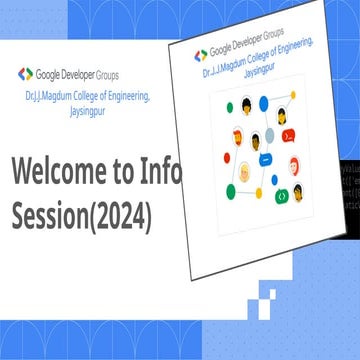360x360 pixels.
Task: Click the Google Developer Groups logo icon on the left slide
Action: [25, 73]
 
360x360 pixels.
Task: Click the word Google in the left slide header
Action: [49, 73]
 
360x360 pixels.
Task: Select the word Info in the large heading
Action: [160, 171]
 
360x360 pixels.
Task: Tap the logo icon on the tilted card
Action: [201, 54]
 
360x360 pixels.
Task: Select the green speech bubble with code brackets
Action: [283, 196]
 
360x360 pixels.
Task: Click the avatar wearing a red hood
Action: [294, 165]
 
